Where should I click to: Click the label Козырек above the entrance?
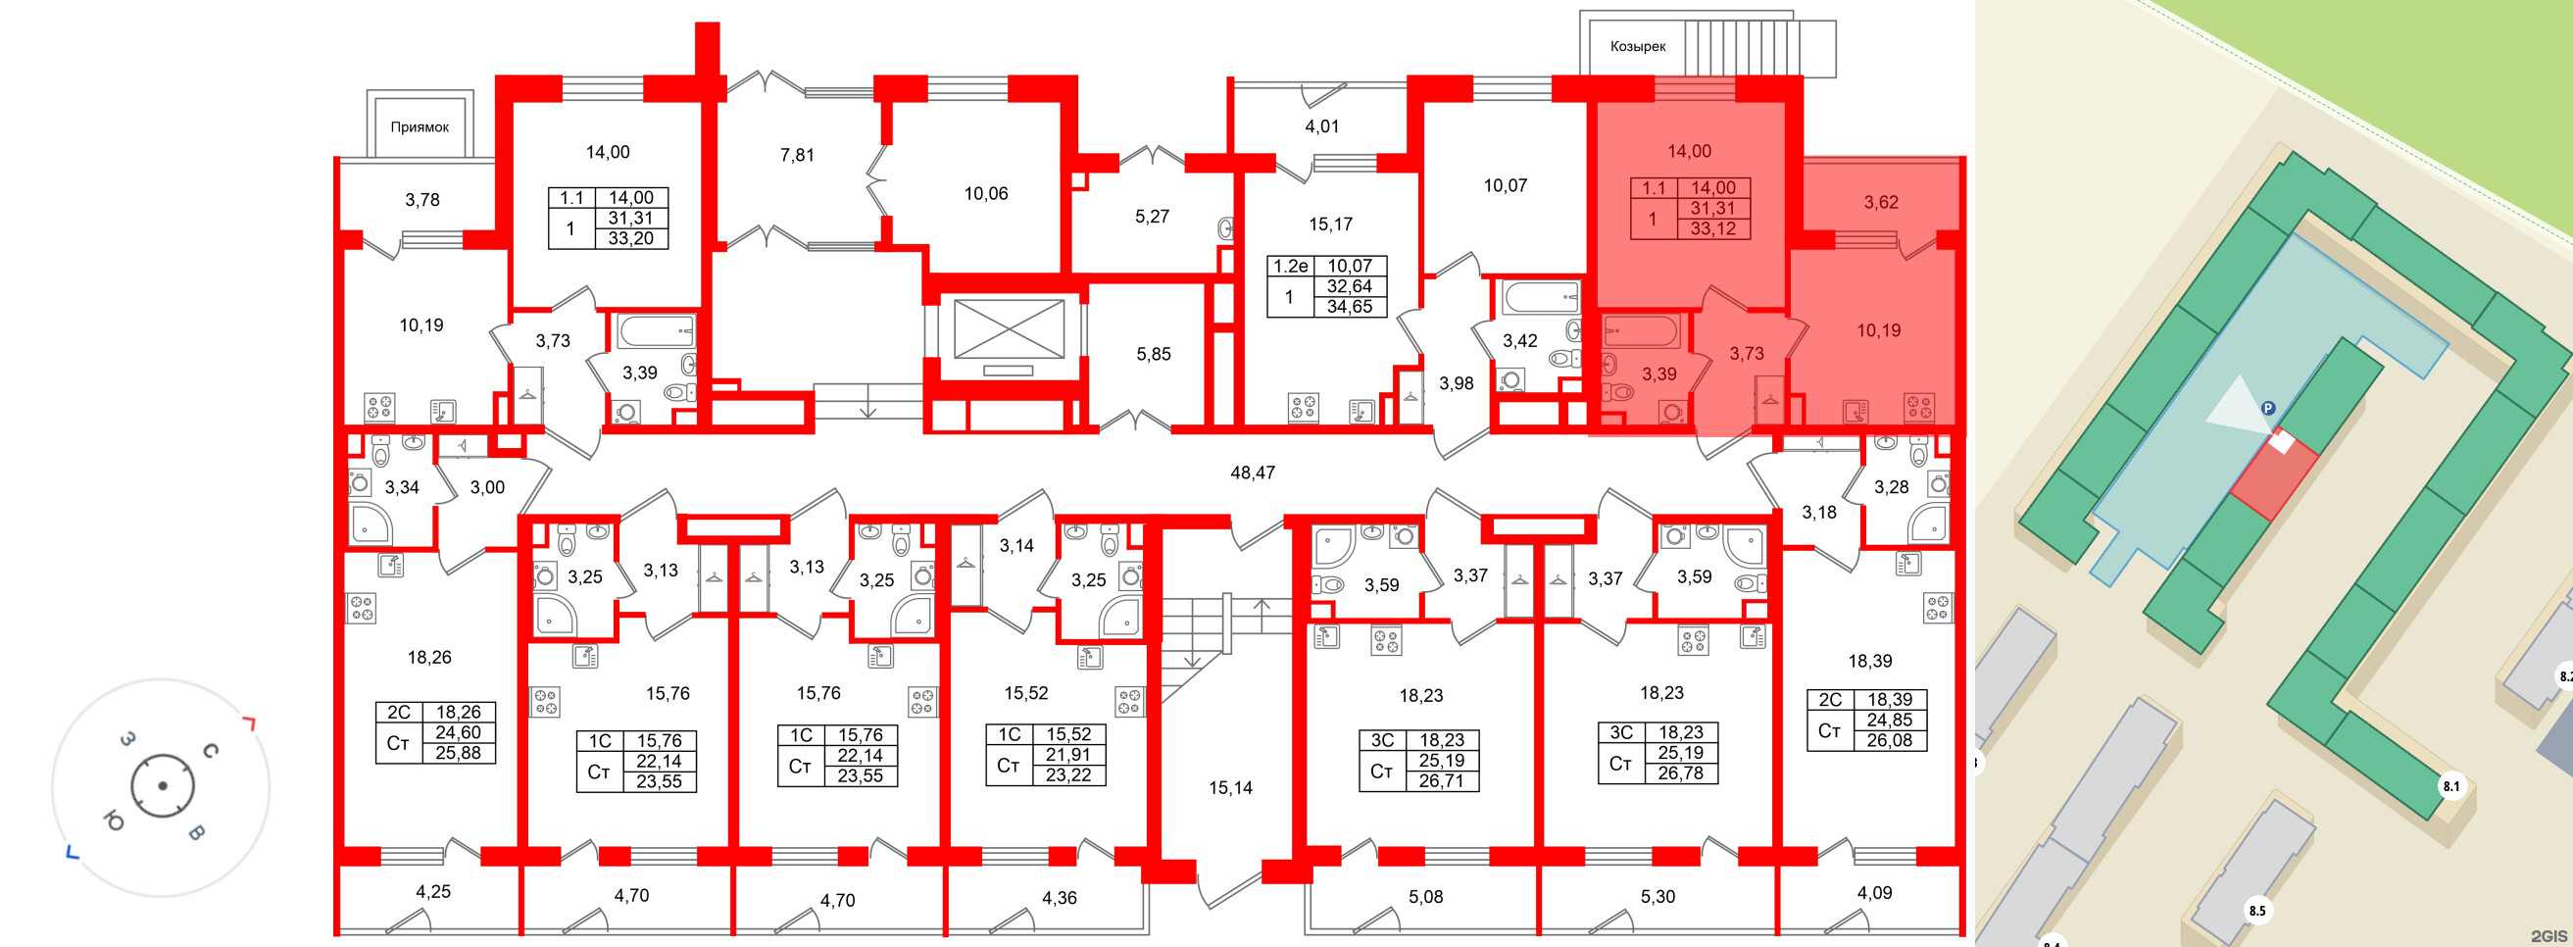click(1637, 46)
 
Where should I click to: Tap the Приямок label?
click(420, 126)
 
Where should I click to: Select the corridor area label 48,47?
click(1253, 473)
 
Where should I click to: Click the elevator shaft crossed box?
click(1009, 328)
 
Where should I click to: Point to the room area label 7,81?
click(797, 155)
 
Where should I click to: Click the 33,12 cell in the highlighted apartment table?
click(1713, 228)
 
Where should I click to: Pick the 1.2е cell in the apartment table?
click(1290, 266)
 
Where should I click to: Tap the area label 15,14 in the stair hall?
click(1230, 788)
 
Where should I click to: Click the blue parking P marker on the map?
click(2268, 408)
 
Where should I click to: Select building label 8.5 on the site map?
click(2257, 910)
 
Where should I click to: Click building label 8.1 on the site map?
click(2451, 786)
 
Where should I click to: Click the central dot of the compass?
click(163, 786)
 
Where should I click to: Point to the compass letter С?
click(211, 751)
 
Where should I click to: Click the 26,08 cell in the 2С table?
click(1889, 740)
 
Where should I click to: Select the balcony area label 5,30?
click(1658, 897)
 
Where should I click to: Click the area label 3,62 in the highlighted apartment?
click(1881, 202)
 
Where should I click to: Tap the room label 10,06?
click(986, 194)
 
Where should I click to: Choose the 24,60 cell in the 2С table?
click(458, 732)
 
